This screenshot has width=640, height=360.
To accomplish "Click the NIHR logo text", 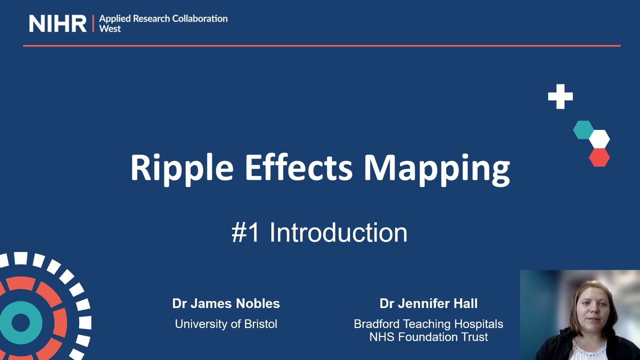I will [x=57, y=23].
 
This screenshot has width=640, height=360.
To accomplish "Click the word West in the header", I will [x=110, y=29].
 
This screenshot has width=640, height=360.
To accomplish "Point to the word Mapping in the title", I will [x=436, y=168].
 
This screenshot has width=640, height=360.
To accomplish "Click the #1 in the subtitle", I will [x=245, y=233].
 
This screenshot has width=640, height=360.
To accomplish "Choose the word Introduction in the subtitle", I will [x=338, y=233].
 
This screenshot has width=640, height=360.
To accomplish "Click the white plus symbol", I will [x=560, y=96].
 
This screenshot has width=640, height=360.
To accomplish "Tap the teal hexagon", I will [x=583, y=130].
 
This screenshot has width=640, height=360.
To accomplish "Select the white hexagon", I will [x=599, y=139].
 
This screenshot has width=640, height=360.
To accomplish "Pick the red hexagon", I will [x=599, y=157].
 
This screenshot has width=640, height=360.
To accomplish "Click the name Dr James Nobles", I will [x=226, y=303].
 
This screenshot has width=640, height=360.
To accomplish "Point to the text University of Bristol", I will [x=226, y=324].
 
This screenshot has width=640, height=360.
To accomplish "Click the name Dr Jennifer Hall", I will [x=428, y=303].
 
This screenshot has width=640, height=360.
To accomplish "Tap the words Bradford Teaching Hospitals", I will [x=428, y=324].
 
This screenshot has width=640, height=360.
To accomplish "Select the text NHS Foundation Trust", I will [x=428, y=337].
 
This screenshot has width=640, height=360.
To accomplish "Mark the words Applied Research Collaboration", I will [x=163, y=18].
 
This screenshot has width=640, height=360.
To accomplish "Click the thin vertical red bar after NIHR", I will [x=93, y=23].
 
